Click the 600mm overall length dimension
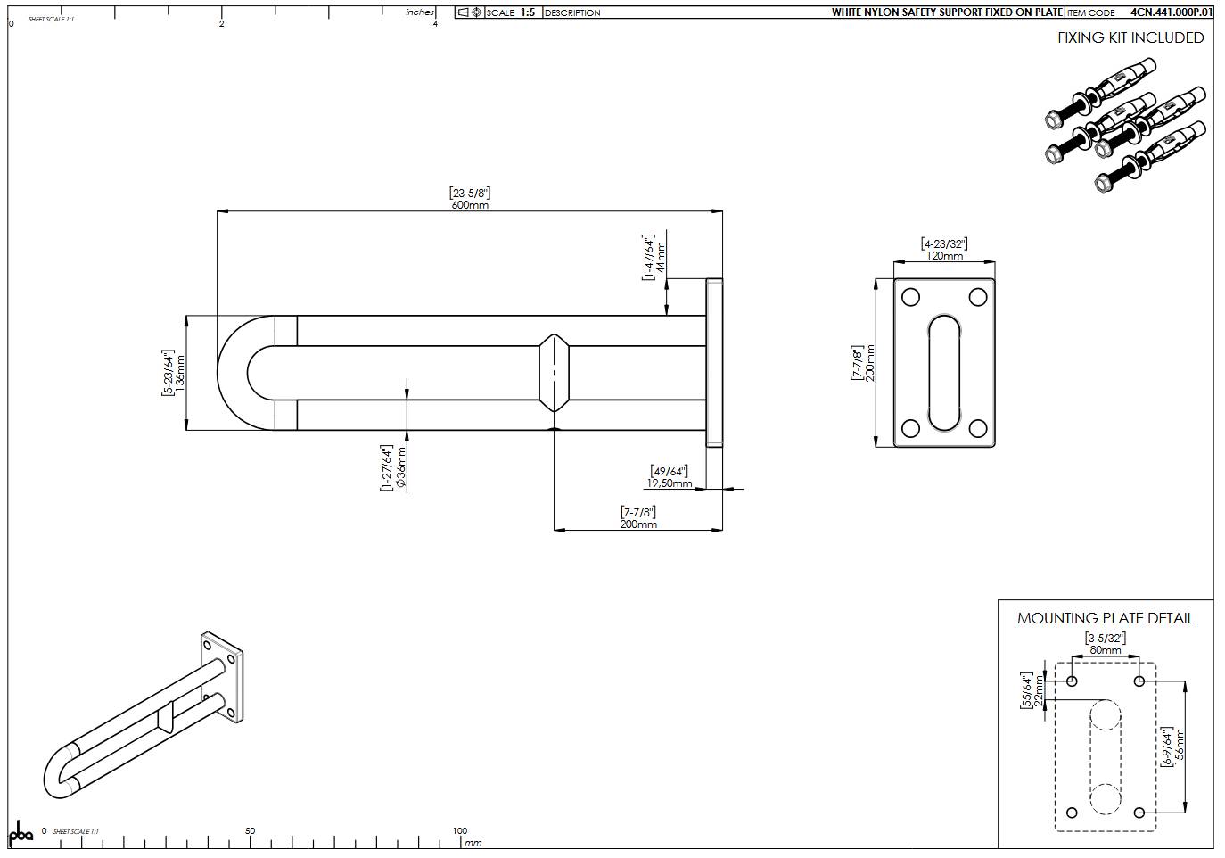(470, 204)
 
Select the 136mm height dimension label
(181, 372)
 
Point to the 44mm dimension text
(661, 257)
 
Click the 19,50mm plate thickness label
(670, 483)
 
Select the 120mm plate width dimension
(944, 255)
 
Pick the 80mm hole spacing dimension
(1105, 650)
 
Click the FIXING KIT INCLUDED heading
(1130, 37)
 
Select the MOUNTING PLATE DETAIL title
(1105, 618)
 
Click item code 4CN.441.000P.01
(1171, 12)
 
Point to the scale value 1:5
(528, 12)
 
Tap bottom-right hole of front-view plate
(977, 429)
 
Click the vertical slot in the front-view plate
(944, 371)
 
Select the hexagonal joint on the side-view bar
(554, 372)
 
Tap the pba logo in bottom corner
(21, 833)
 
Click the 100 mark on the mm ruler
(460, 830)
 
